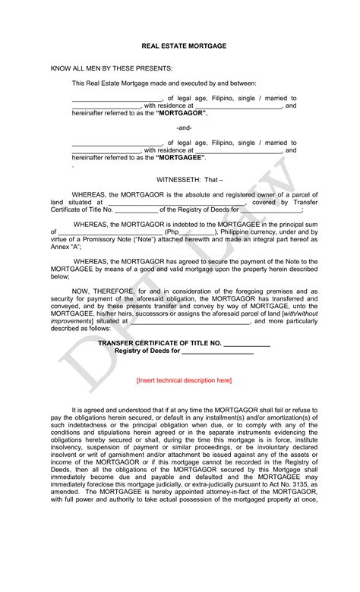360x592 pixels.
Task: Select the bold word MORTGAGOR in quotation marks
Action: (x=182, y=112)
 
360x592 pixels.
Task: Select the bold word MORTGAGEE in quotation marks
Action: (x=181, y=157)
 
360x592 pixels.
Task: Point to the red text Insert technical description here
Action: (x=184, y=380)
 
